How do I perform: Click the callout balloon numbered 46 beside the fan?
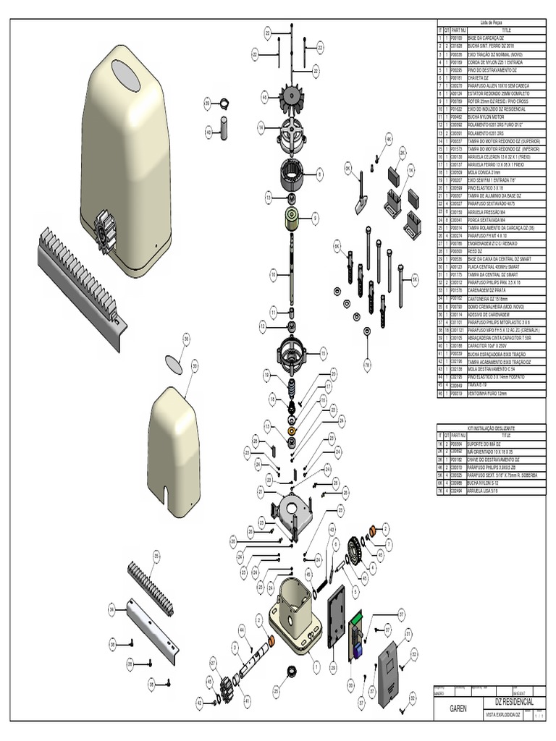tap(264, 97)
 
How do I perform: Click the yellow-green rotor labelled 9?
tap(292, 218)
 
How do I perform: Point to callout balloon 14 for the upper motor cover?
tap(260, 127)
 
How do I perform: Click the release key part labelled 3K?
tap(360, 192)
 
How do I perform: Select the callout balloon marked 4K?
tap(388, 137)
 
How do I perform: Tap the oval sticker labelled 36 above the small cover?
tap(174, 362)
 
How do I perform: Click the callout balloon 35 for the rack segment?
tap(155, 555)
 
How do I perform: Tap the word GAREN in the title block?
tap(460, 709)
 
